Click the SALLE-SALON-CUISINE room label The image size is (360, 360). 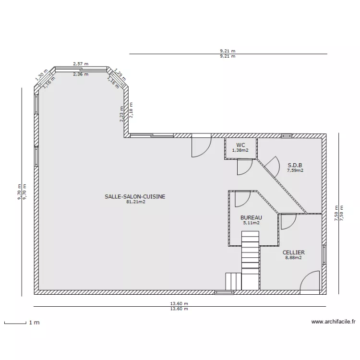[135, 196]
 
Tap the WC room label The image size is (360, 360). [240, 145]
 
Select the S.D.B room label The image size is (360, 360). [295, 165]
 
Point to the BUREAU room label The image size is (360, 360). [251, 217]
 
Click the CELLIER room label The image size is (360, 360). [294, 252]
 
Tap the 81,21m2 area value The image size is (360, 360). [136, 202]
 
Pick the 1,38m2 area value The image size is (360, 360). [240, 150]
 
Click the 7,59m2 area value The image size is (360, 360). [295, 170]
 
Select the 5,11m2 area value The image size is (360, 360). [252, 223]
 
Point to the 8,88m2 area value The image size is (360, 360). [293, 258]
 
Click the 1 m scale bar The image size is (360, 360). [15, 324]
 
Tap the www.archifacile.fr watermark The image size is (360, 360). [334, 322]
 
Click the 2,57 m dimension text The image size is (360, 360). [81, 64]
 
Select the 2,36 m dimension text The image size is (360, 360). [81, 74]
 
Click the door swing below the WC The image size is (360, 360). [245, 167]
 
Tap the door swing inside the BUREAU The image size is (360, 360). [243, 199]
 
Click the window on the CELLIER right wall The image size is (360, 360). [324, 254]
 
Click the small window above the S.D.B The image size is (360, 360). [287, 136]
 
